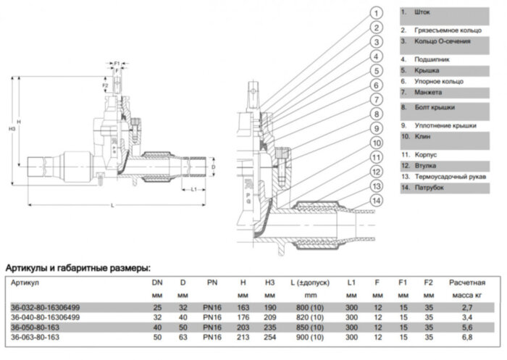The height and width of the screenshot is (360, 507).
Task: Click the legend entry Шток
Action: (423, 13)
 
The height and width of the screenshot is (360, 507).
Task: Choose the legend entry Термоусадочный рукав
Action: (451, 176)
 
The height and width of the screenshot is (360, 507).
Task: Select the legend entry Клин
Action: (422, 136)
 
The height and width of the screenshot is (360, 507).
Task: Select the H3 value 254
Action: (269, 337)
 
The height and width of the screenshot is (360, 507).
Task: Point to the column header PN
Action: (211, 282)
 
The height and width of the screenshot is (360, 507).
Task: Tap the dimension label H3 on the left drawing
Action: (12, 130)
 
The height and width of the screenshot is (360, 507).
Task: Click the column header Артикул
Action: (25, 282)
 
